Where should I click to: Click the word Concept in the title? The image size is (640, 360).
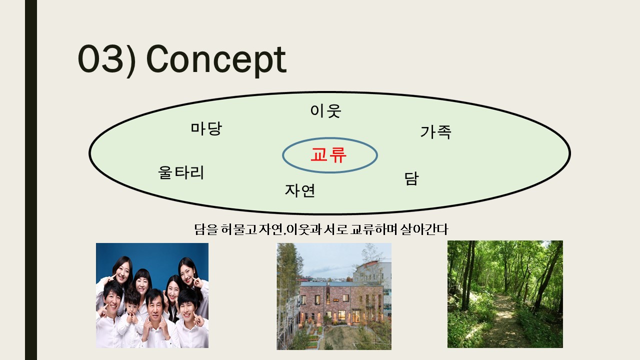click(216, 60)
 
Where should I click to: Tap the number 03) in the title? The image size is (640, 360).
click(107, 60)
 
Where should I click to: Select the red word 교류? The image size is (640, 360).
click(328, 155)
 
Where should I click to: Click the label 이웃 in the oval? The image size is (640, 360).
click(325, 111)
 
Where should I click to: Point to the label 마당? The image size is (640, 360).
click(206, 128)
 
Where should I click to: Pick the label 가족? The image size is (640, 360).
click(435, 132)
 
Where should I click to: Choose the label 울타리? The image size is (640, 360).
click(181, 172)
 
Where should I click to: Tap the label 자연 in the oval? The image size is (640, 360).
click(300, 190)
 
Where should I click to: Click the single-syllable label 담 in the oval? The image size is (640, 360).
click(411, 178)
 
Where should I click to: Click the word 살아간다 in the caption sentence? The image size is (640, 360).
click(424, 229)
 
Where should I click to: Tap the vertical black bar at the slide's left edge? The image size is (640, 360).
click(31, 180)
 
